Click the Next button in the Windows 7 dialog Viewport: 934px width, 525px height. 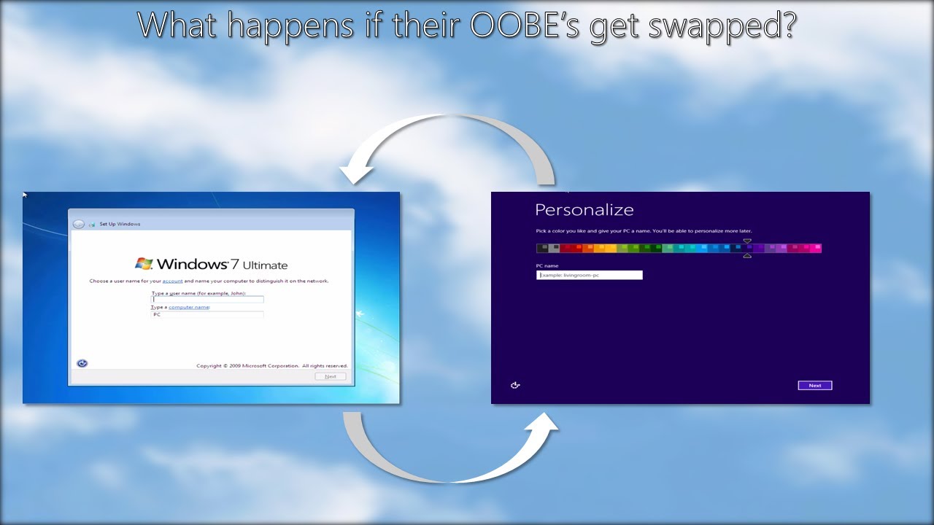pos(331,376)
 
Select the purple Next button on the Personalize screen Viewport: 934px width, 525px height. pos(814,385)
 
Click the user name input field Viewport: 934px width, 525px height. pos(207,299)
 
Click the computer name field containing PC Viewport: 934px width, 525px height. pos(207,314)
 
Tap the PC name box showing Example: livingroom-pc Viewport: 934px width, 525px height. pos(589,275)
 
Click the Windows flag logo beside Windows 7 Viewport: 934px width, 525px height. pos(144,263)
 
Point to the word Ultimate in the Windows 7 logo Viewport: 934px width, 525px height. pos(266,265)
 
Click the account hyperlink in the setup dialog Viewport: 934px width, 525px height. pos(172,281)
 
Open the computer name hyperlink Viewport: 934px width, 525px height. pos(189,307)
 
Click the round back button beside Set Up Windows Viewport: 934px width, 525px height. pos(79,224)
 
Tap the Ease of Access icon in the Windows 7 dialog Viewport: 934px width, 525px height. pos(82,363)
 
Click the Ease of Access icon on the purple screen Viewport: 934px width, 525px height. pos(515,385)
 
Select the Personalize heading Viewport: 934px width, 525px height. pos(584,210)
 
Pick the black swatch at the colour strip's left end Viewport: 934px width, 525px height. pos(541,248)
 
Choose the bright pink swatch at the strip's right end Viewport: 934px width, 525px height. pos(817,248)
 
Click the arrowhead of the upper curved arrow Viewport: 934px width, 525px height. pos(356,174)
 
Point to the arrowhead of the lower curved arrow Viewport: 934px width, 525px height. pos(544,424)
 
